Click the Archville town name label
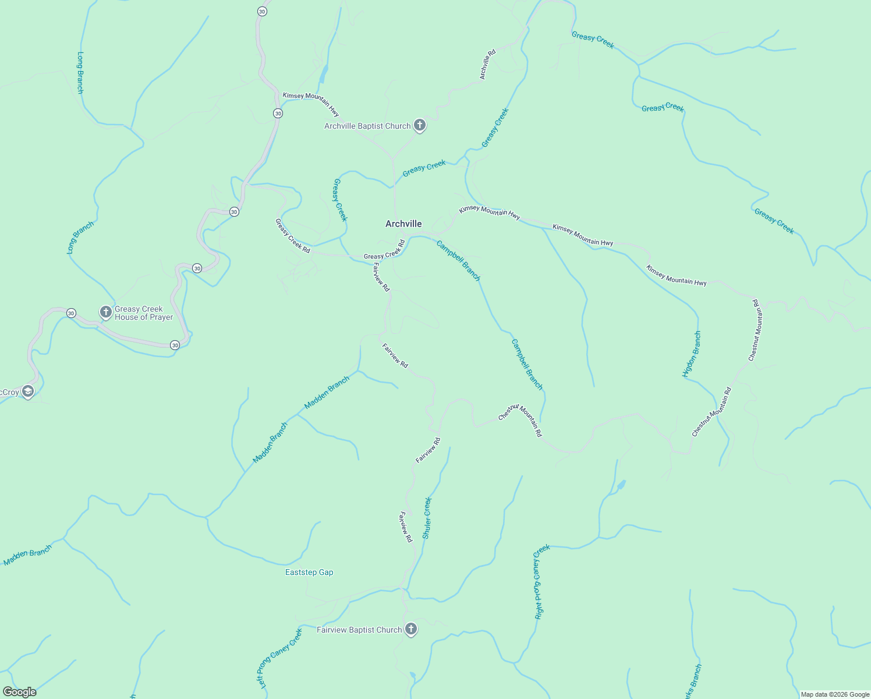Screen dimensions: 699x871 [403, 224]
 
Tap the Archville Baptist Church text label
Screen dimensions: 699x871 [367, 126]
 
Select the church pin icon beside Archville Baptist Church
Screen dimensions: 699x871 [420, 125]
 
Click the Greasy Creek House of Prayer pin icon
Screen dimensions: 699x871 [106, 312]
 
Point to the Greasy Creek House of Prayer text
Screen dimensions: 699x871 [144, 313]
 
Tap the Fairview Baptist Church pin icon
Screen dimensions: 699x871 [411, 629]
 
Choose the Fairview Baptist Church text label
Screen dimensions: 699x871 [359, 630]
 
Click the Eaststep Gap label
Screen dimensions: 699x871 [309, 572]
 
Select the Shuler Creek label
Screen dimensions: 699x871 [427, 518]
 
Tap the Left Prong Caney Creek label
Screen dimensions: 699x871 [279, 658]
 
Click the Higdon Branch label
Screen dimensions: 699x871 [692, 354]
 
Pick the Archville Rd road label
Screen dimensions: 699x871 [487, 64]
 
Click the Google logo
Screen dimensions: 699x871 [19, 692]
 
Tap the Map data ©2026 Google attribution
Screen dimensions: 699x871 [834, 694]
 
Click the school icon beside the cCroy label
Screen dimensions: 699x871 [28, 391]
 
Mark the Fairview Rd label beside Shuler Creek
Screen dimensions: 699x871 [406, 527]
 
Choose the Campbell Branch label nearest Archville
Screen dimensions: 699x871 [458, 260]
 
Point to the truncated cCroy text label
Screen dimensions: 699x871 [9, 393]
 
